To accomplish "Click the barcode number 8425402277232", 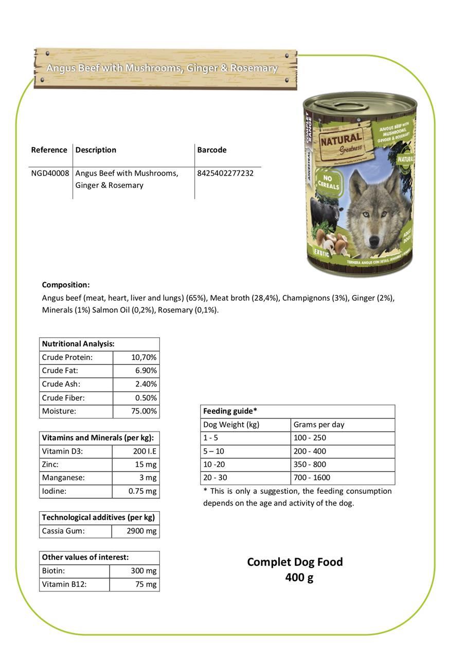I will coord(225,173).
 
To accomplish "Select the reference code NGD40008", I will coord(50,173).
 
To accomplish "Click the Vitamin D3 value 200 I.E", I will coord(145,451).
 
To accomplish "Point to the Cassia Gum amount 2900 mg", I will coord(141,531).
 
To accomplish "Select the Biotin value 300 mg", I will coord(144,570).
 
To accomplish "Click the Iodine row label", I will coord(54,491).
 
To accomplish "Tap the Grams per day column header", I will coord(319,425).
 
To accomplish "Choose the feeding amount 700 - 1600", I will coord(312,478).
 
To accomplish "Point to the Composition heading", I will coord(66,285).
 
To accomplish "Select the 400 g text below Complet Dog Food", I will coord(299,578).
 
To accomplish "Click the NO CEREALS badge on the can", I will coord(328,181).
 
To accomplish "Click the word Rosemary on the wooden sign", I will coord(254,68).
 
